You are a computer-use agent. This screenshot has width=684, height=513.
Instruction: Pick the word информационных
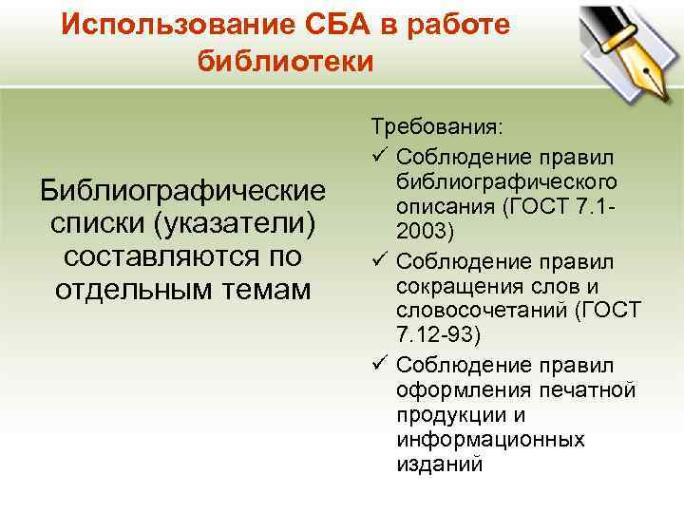click(x=490, y=440)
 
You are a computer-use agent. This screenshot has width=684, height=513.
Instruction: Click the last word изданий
click(x=440, y=465)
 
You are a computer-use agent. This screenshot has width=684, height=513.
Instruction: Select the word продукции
click(x=443, y=416)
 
